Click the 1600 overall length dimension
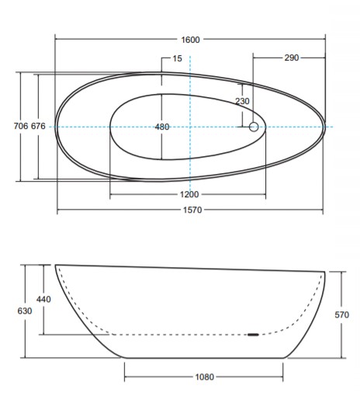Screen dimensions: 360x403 190,40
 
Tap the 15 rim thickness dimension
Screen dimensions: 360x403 177,58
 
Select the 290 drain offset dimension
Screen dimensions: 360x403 292,57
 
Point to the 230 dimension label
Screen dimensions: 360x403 242,101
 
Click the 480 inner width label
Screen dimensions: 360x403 162,127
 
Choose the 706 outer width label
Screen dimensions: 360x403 21,126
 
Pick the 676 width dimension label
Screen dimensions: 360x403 38,126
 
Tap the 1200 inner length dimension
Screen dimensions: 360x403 189,194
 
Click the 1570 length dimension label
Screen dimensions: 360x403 192,210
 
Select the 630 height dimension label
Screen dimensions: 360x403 25,311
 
